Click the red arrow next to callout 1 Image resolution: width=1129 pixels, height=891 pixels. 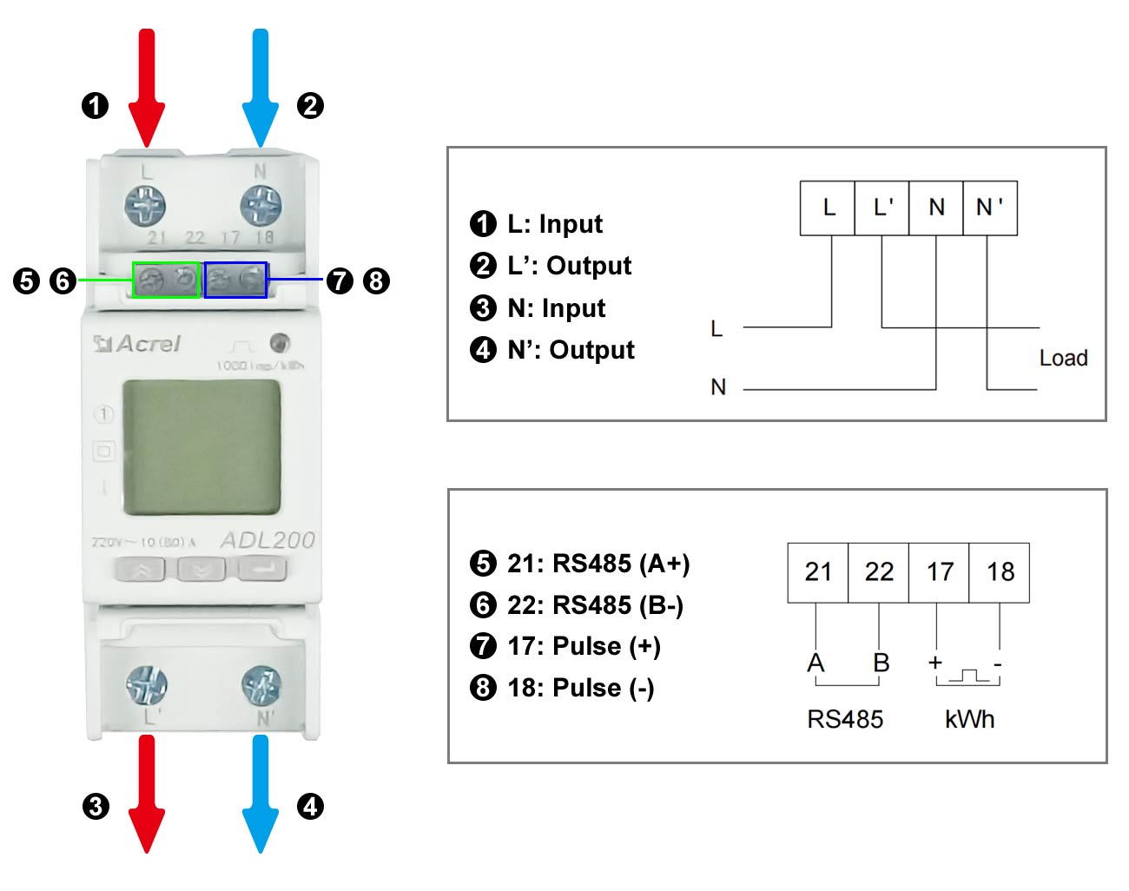point(147,87)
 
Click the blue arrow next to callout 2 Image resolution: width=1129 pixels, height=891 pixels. point(260,87)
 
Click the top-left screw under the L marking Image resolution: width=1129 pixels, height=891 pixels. point(145,207)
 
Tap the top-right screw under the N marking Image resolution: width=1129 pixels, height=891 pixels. point(261,207)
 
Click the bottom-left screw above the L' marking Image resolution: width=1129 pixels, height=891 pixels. point(147,685)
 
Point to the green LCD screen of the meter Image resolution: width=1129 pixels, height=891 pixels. point(201,447)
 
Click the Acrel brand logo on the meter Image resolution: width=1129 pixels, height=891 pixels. point(137,344)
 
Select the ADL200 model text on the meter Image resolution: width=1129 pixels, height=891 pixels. point(267,540)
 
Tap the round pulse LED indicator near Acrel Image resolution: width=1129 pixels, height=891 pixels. point(279,342)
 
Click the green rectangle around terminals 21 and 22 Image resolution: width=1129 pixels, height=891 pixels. point(166,280)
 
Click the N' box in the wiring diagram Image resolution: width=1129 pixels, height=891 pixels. point(990,208)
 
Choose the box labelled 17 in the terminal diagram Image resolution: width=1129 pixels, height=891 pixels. point(939,572)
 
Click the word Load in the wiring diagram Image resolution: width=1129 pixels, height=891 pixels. point(1063,358)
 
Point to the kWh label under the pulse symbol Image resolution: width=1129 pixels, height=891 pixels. point(969,719)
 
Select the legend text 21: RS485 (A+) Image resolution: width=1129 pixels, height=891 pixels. point(598,564)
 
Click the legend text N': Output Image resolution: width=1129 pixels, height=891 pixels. point(571,350)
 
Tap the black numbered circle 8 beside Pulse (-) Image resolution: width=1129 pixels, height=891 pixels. point(483,688)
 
